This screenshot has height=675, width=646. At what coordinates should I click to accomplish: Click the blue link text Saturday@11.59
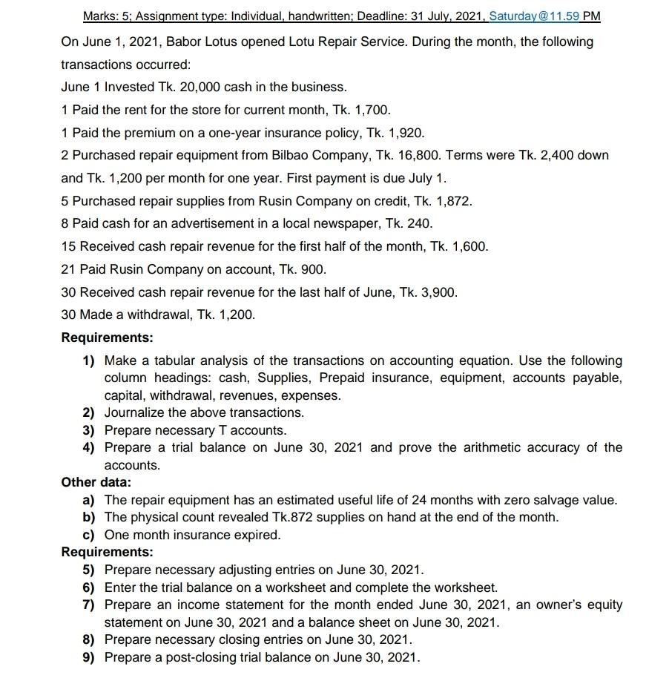click(x=533, y=16)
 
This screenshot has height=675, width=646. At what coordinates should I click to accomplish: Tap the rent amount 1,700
click(x=371, y=110)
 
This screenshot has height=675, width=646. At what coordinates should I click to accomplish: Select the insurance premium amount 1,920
click(x=406, y=133)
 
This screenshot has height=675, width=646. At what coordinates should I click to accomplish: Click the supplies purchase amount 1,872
click(x=452, y=201)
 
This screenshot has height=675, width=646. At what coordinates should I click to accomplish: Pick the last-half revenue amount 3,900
click(x=438, y=292)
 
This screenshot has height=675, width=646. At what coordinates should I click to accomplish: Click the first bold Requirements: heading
click(x=107, y=337)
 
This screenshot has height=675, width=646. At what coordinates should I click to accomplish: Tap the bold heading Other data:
click(x=96, y=482)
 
